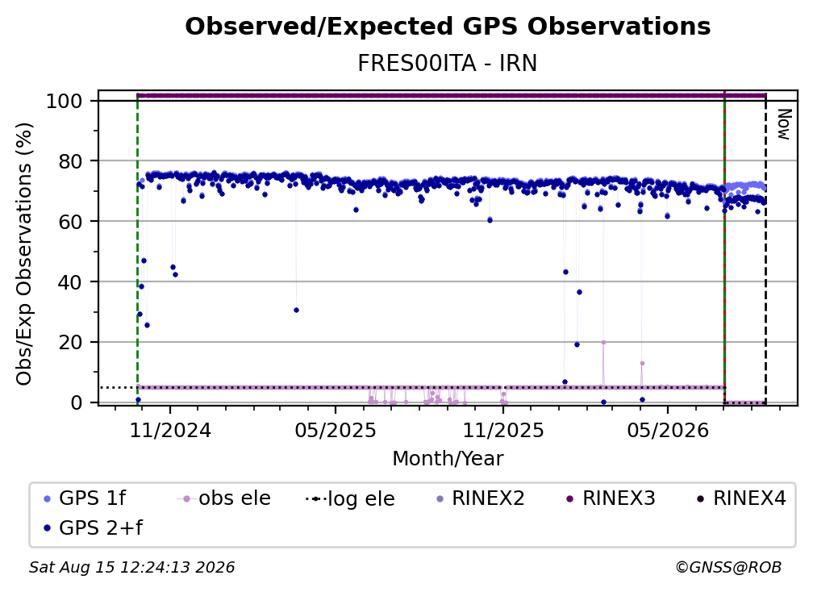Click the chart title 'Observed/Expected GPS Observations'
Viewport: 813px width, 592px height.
[x=448, y=27]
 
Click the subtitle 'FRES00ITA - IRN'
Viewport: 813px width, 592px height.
[x=448, y=63]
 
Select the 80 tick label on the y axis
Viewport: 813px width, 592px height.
[x=71, y=161]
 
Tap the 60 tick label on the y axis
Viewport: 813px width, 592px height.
[x=71, y=221]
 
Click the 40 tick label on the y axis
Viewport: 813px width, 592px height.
[x=71, y=282]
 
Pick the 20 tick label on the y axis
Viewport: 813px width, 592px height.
[x=71, y=342]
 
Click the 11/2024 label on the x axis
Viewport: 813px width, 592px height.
[x=170, y=430]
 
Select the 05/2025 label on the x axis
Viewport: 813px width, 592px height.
[x=336, y=430]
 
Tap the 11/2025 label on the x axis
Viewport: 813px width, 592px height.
[x=503, y=430]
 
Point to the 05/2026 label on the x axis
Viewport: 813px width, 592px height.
[x=668, y=430]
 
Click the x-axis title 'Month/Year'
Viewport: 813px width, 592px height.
[x=448, y=459]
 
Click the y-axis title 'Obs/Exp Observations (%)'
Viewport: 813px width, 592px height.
[x=24, y=254]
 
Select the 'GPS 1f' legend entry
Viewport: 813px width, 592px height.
[x=85, y=498]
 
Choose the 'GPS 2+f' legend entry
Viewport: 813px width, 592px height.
[x=94, y=527]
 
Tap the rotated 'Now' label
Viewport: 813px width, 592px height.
[x=784, y=124]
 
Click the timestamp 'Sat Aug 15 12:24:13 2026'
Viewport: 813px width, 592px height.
[x=131, y=567]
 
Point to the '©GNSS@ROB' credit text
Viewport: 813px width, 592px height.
[x=728, y=567]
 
